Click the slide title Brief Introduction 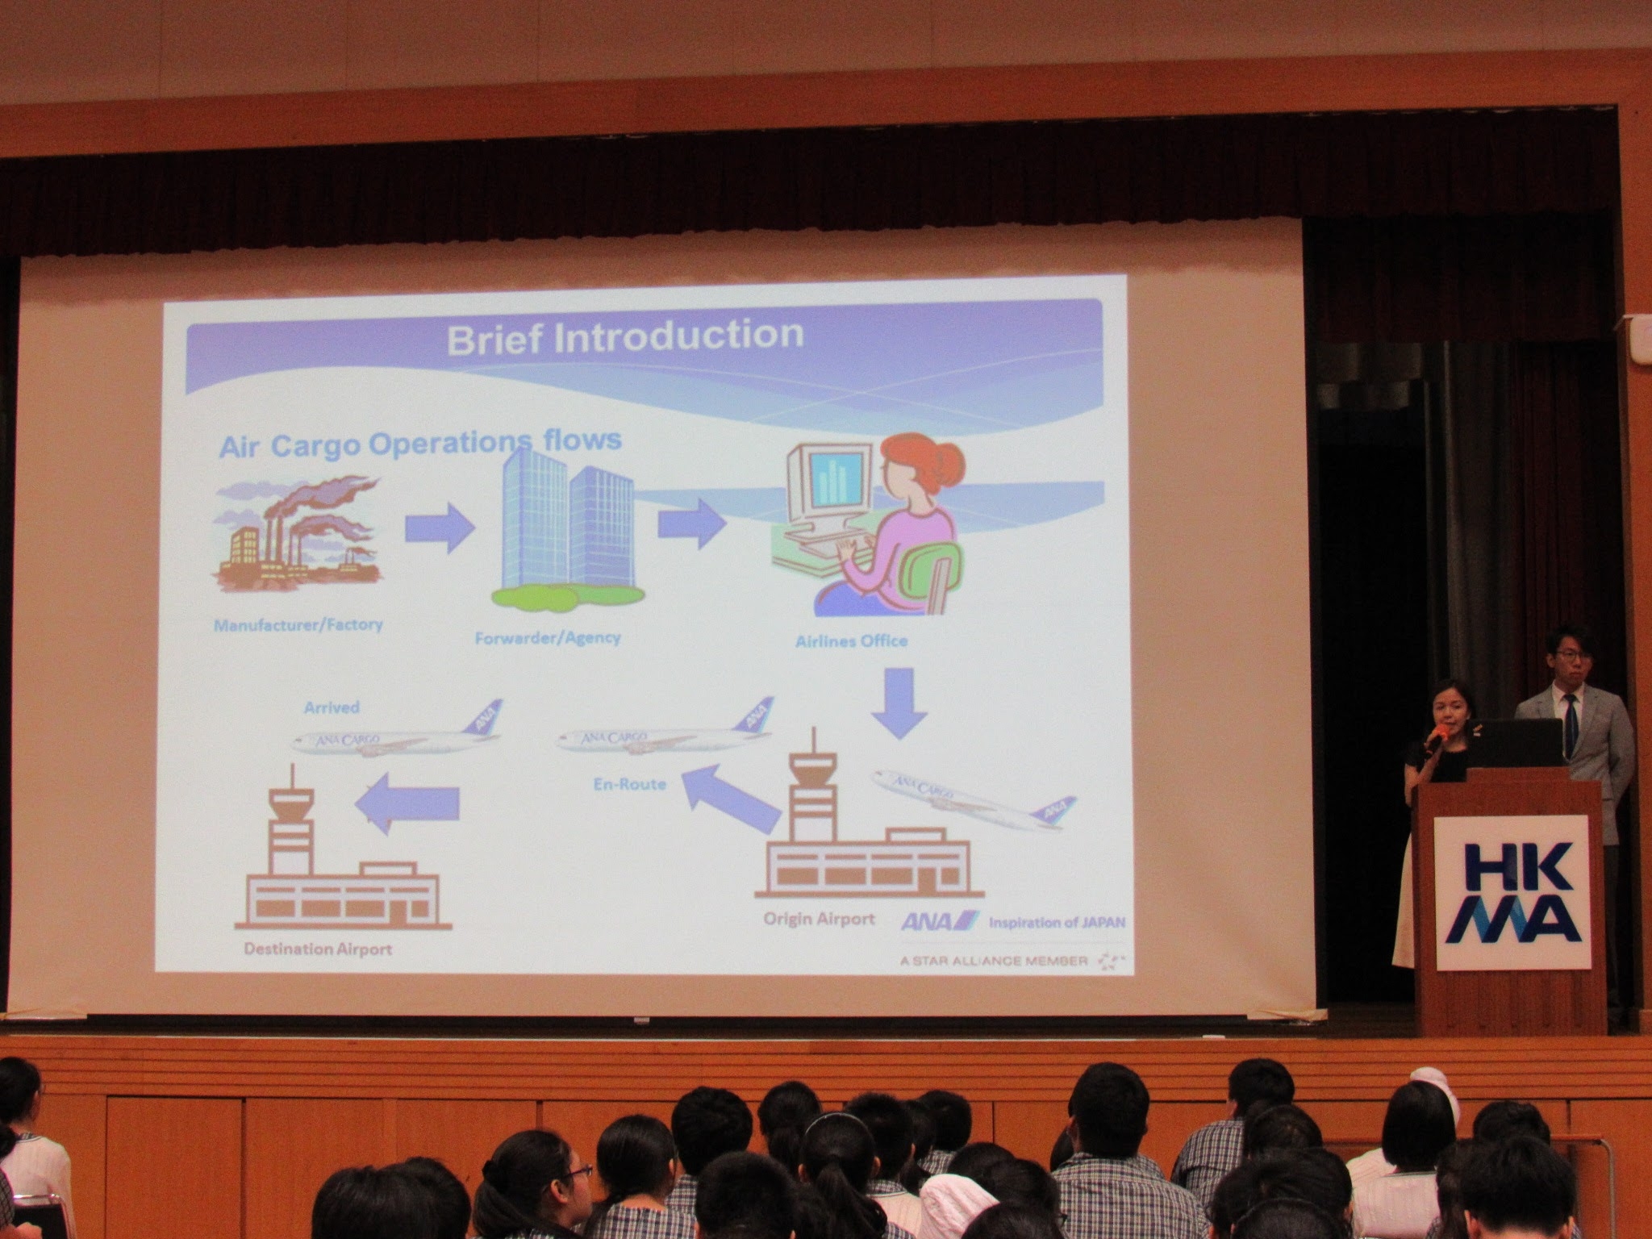pos(624,336)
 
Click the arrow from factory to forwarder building pos(440,528)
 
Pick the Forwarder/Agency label pos(548,637)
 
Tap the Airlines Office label pos(851,641)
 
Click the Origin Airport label pos(819,919)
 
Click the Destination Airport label pos(318,949)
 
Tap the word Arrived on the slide pos(332,707)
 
